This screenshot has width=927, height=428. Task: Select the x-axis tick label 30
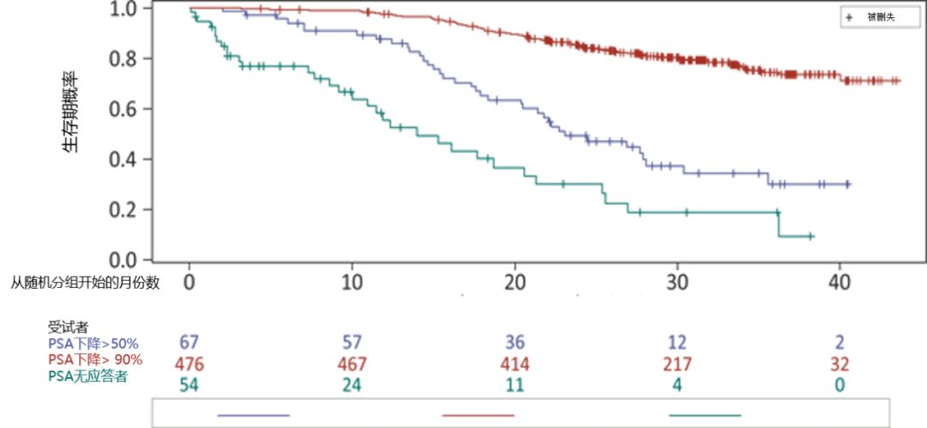678,281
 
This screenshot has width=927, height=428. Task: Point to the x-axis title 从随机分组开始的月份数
85,282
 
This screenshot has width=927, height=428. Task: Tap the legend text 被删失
881,16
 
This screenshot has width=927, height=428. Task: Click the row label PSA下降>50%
93,344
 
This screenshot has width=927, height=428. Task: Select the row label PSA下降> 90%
94,359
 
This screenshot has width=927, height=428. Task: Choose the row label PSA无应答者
87,376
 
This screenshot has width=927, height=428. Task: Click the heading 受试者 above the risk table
68,327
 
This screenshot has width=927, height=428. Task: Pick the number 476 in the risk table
191,364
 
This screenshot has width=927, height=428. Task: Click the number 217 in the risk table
677,364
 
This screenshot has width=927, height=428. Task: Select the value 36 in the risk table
515,344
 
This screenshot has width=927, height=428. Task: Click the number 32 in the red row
840,364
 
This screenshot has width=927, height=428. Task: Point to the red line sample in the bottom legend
478,415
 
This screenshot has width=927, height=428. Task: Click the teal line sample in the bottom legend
704,415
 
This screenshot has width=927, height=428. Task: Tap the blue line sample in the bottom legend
253,415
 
